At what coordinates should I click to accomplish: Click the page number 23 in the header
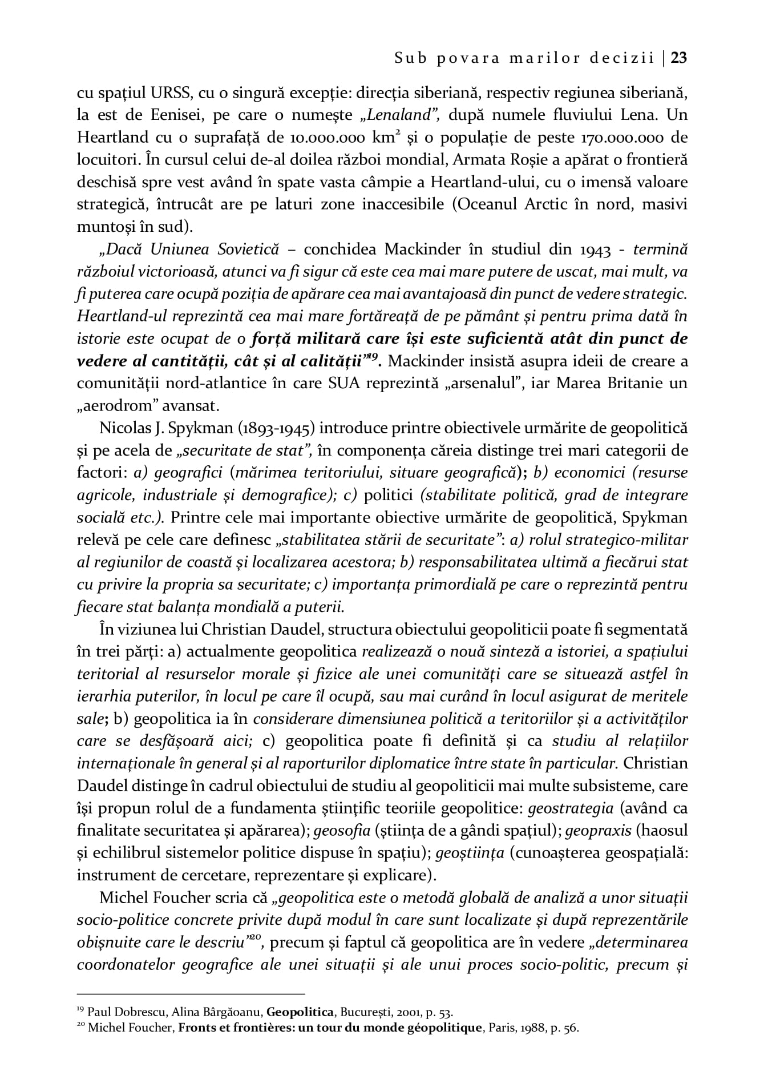click(678, 58)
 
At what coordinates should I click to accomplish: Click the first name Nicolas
click(124, 428)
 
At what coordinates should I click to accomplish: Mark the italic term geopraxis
click(598, 831)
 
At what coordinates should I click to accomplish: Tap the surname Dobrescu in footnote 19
click(128, 1013)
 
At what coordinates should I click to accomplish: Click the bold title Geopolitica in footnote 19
click(300, 1013)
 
